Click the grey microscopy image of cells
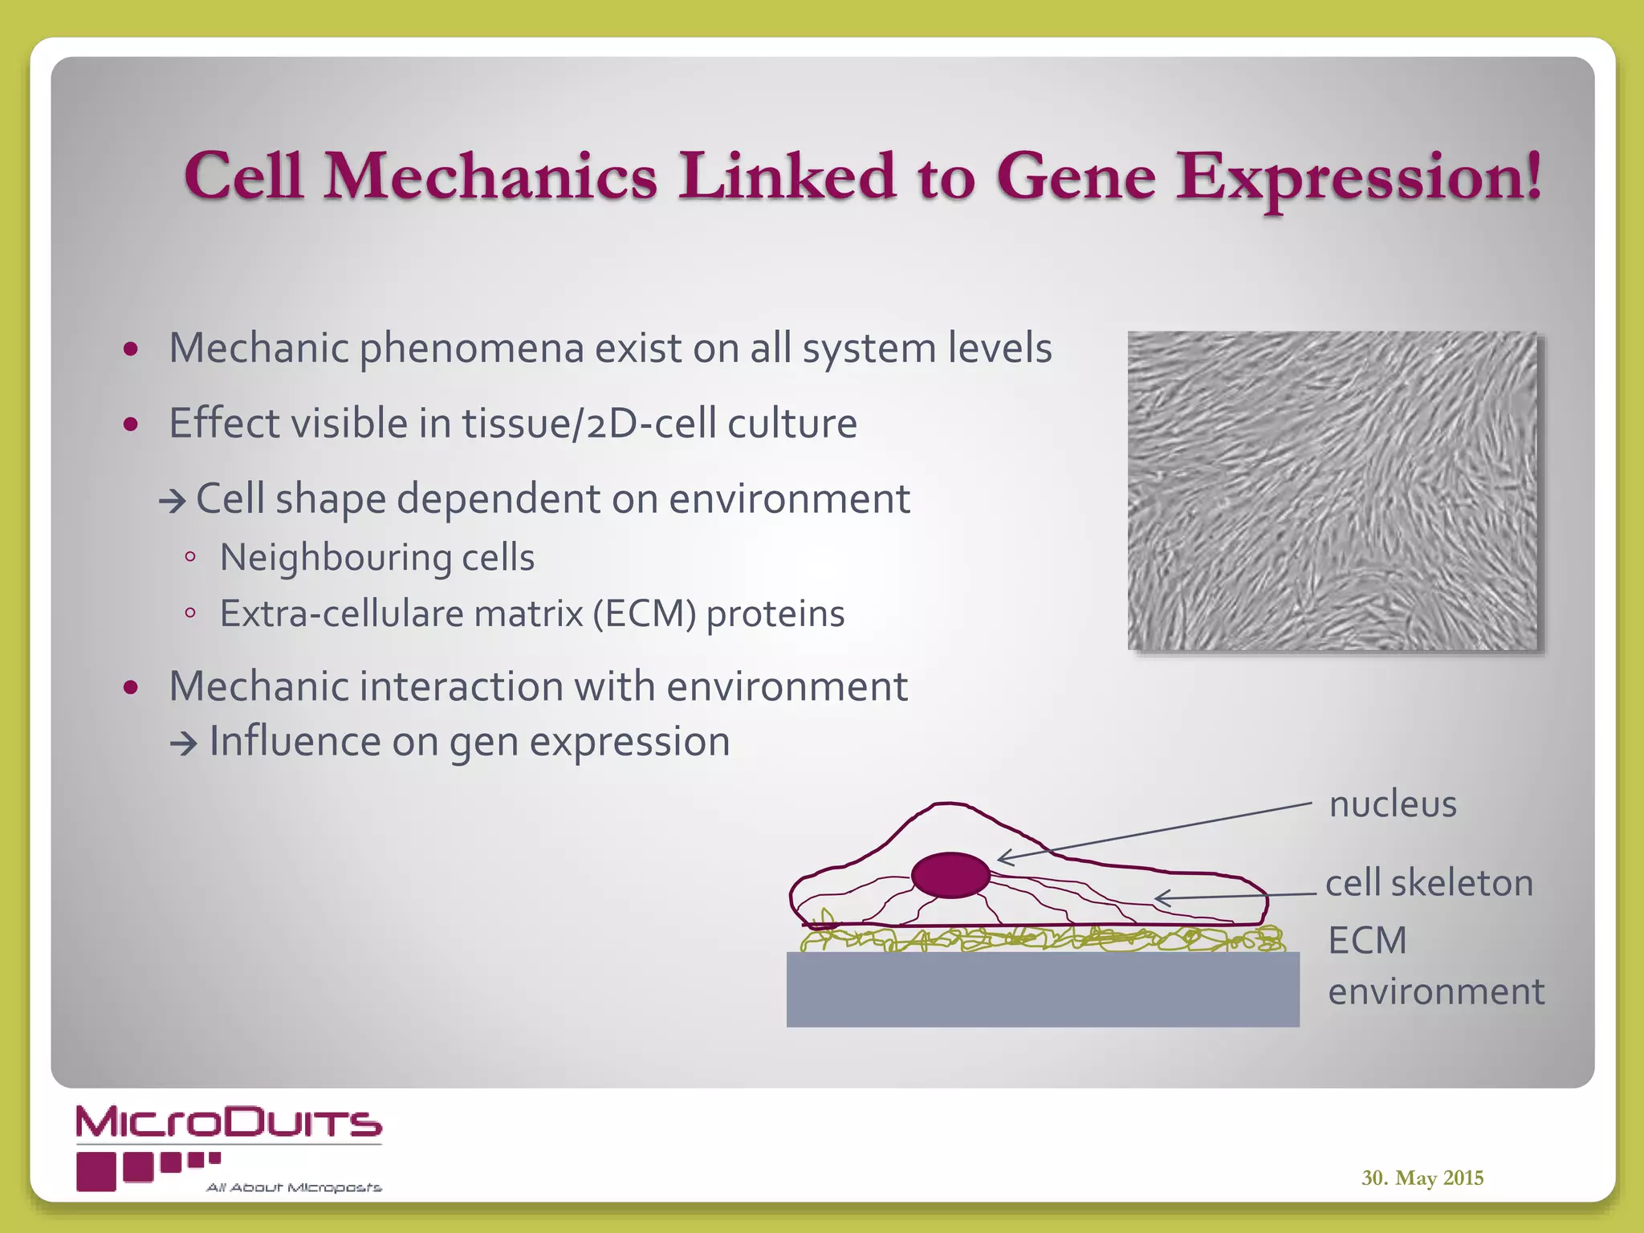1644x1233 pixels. click(1332, 490)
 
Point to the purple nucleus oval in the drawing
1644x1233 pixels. click(950, 875)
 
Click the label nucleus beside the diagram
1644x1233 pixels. click(1392, 804)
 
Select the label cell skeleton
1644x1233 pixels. click(1429, 883)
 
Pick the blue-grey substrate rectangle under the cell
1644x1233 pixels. click(1042, 989)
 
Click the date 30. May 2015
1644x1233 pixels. click(1422, 1178)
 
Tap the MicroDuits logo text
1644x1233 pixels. click(229, 1122)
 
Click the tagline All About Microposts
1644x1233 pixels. click(294, 1187)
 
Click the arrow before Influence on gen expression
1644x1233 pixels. click(184, 744)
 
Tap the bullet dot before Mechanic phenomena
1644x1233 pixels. click(132, 349)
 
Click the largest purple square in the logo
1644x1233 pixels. click(96, 1171)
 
